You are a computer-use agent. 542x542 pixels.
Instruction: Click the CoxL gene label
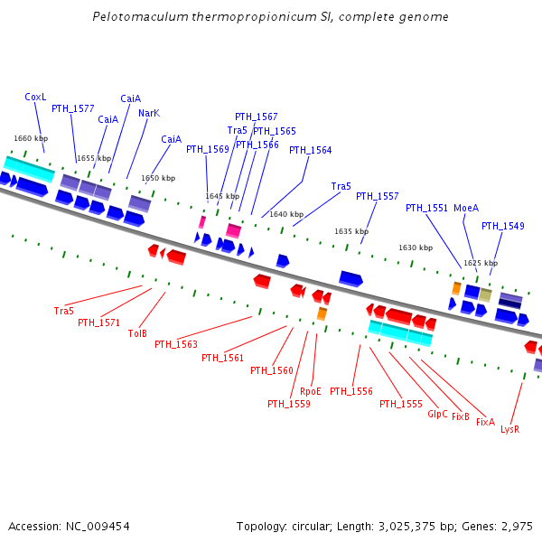(x=35, y=97)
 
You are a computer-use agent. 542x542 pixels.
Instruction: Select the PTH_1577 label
(x=73, y=108)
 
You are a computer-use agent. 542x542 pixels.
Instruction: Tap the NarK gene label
(x=149, y=113)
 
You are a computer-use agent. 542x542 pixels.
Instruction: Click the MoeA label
(x=466, y=208)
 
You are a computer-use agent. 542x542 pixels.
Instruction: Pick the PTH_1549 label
(x=502, y=226)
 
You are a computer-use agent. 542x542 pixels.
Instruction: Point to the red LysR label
(x=509, y=429)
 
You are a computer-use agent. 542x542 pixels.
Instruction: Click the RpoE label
(x=311, y=391)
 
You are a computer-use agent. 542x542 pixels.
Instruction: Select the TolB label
(x=137, y=333)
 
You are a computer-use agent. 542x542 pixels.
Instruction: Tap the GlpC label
(x=437, y=414)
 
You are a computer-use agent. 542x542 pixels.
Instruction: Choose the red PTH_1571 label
(x=98, y=322)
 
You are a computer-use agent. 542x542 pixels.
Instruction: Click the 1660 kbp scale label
(x=30, y=138)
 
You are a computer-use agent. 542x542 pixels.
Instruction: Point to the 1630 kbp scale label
(x=416, y=248)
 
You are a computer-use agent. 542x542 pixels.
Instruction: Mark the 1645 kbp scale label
(x=222, y=196)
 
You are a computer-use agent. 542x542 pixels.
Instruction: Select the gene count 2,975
(x=516, y=526)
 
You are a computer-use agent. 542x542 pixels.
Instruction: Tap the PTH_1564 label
(x=310, y=150)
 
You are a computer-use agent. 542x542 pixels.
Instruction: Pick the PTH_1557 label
(x=377, y=196)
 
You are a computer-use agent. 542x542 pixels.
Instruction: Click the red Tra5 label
(x=63, y=311)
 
